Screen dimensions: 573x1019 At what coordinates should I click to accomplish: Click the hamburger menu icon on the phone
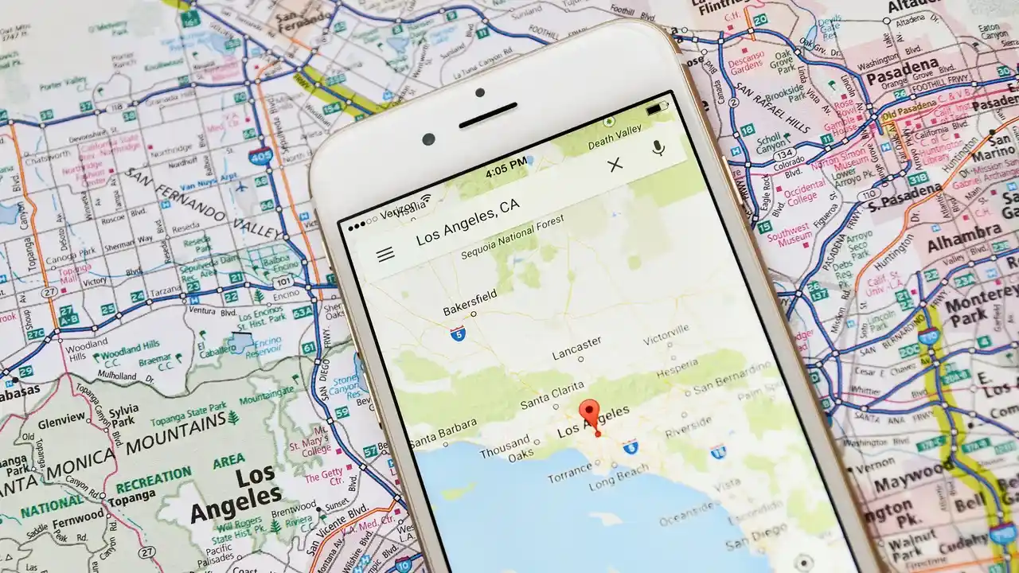pyautogui.click(x=385, y=255)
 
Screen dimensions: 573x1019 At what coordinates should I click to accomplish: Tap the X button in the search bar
pyautogui.click(x=615, y=165)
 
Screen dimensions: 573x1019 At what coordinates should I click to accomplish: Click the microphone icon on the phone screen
pyautogui.click(x=658, y=148)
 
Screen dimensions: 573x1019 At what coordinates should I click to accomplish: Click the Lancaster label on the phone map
pyautogui.click(x=577, y=347)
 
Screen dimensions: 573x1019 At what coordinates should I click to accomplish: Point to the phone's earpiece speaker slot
pyautogui.click(x=488, y=115)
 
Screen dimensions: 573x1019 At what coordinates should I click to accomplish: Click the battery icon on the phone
pyautogui.click(x=658, y=107)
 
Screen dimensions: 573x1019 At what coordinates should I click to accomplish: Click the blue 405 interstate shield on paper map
pyautogui.click(x=259, y=154)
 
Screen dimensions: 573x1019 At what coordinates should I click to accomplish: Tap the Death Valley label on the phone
pyautogui.click(x=614, y=138)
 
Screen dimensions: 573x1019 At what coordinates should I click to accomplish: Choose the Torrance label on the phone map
pyautogui.click(x=570, y=478)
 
